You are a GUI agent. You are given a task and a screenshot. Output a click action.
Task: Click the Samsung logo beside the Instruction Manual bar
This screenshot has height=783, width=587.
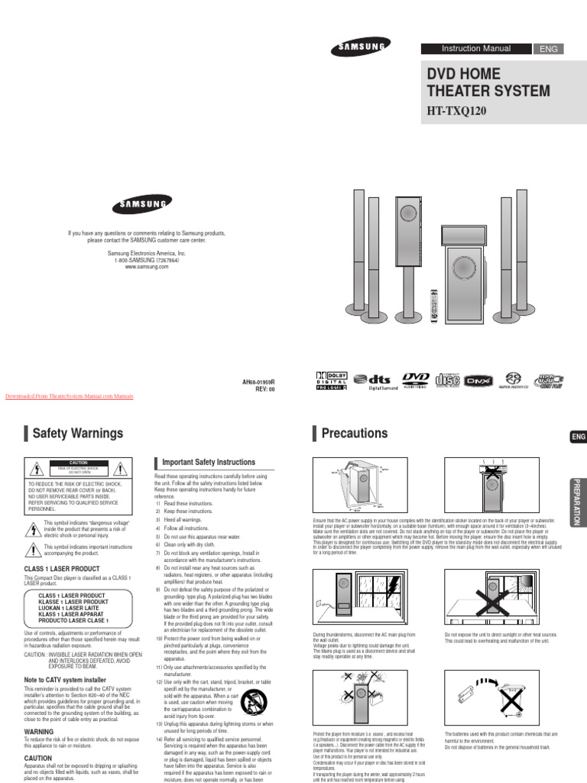[358, 50]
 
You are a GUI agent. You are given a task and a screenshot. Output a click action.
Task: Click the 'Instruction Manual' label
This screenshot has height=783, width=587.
[476, 48]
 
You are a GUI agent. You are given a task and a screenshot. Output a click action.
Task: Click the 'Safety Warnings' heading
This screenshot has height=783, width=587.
[77, 434]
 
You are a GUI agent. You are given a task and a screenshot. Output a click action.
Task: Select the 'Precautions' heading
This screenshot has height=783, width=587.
[354, 434]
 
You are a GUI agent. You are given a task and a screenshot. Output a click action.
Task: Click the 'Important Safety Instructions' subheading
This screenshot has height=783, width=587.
[206, 463]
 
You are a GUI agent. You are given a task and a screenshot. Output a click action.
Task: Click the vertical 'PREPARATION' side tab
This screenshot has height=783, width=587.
[577, 500]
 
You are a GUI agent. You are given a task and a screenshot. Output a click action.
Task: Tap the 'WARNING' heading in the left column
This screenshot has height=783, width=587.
[39, 731]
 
